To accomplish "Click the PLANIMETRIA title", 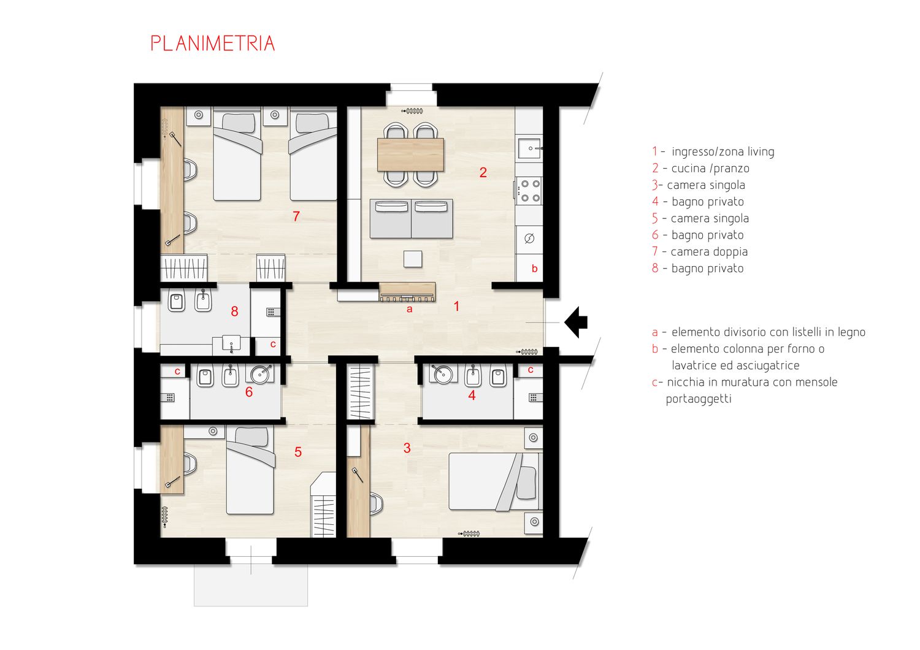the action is click(213, 43).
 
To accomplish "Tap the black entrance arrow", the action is click(576, 322).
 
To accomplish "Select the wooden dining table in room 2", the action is click(410, 155).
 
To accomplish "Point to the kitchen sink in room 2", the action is click(529, 148).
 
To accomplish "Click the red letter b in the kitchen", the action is click(534, 269).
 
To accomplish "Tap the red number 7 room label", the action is click(296, 216).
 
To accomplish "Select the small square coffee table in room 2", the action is click(413, 259).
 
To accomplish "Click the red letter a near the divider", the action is click(409, 309).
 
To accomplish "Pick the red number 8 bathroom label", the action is click(234, 312).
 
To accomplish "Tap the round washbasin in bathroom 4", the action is click(443, 373).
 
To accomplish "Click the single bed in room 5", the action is click(250, 470).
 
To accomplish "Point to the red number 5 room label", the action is click(298, 452).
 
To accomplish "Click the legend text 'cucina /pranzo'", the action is click(710, 169).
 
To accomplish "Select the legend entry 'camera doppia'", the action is click(709, 251).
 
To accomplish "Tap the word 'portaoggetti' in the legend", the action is click(699, 399).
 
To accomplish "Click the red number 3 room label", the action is click(407, 448).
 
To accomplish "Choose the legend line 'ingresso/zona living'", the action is click(723, 151).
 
